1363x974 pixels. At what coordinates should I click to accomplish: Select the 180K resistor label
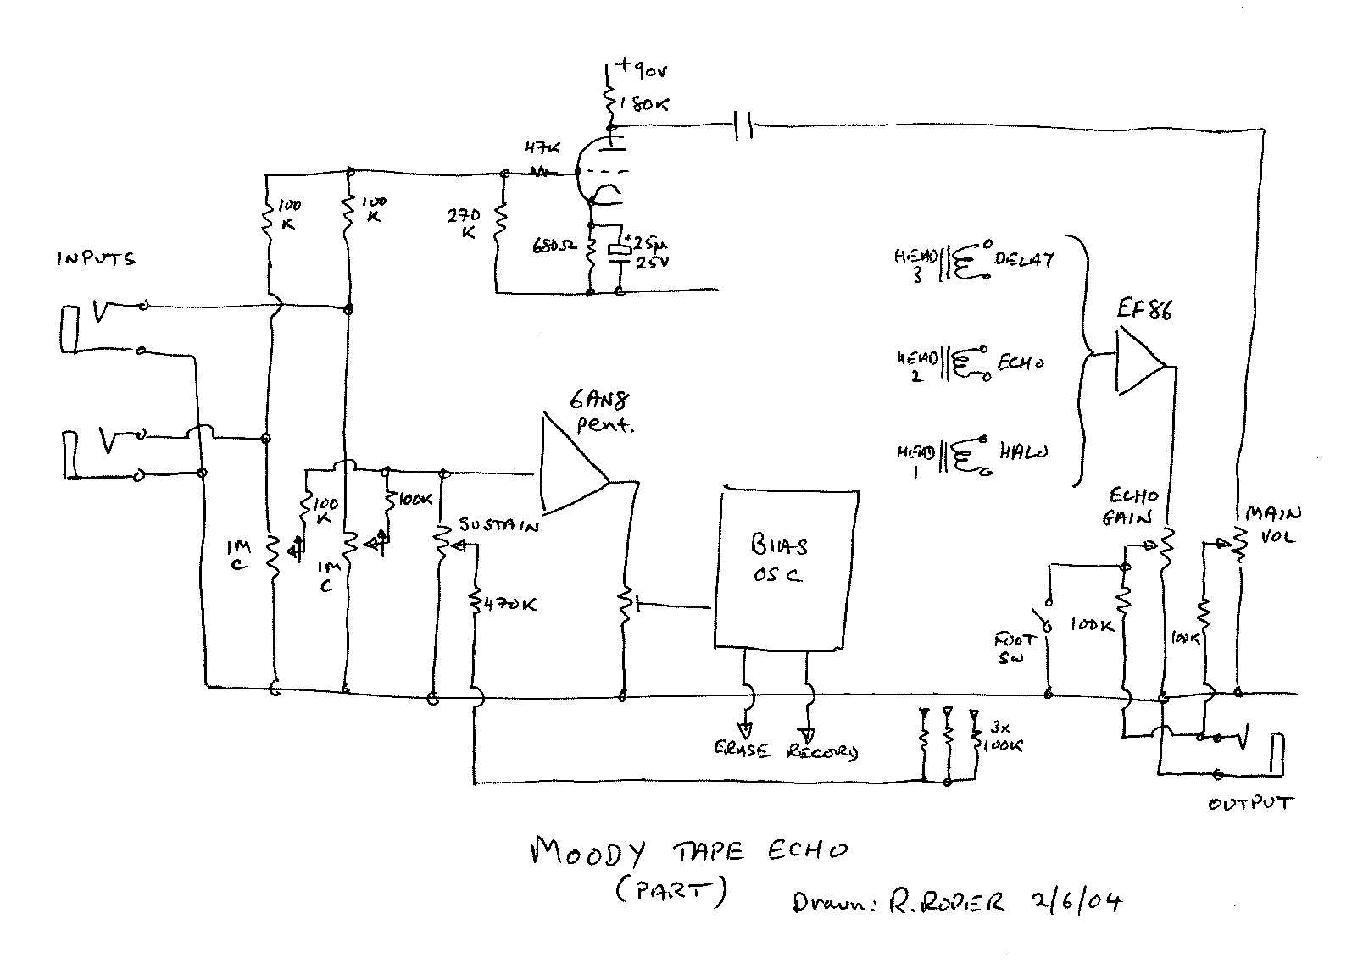click(x=644, y=104)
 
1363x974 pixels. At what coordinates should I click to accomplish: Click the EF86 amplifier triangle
click(x=1138, y=362)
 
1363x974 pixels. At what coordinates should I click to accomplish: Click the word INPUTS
click(x=96, y=259)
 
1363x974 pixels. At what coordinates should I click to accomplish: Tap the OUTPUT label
click(x=1249, y=803)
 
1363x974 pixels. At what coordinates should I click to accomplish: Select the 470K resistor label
click(x=509, y=605)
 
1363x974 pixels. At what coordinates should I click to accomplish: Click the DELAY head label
click(x=1023, y=258)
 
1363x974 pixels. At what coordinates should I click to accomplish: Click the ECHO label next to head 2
click(x=1020, y=363)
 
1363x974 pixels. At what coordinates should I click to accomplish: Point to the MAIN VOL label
click(x=1271, y=525)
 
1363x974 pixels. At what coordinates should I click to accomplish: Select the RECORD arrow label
click(x=821, y=751)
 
